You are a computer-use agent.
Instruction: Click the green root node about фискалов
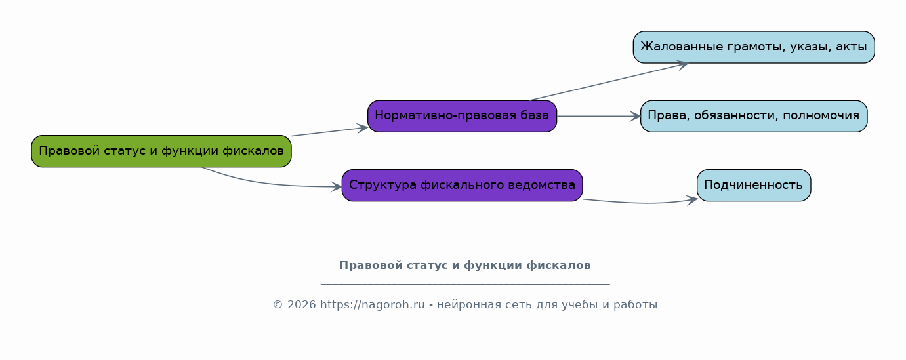coord(161,151)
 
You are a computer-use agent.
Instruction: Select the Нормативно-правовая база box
coord(463,117)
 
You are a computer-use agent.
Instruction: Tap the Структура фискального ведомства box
coord(463,186)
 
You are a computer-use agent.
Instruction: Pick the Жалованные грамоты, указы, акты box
coord(754,47)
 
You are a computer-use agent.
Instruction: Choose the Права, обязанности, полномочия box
coord(754,117)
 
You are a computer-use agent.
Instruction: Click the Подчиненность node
coord(754,186)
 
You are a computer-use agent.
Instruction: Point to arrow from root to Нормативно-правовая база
coord(329,131)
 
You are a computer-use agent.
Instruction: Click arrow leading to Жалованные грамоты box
coord(609,81)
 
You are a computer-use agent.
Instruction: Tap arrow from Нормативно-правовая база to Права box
coord(598,117)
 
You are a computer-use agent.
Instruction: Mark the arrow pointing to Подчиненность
coord(640,202)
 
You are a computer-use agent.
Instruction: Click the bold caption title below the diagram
coord(465,266)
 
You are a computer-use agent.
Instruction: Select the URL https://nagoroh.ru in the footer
coord(373,304)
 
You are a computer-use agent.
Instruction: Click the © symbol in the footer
coord(278,305)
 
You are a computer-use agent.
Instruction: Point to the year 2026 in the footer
coord(301,305)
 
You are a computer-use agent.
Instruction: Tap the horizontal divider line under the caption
coord(465,285)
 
